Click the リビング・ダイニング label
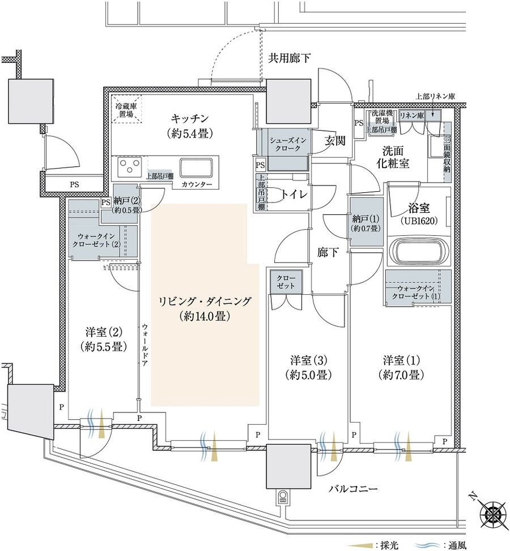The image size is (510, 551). [x=205, y=308]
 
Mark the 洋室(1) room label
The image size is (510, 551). [x=402, y=367]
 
